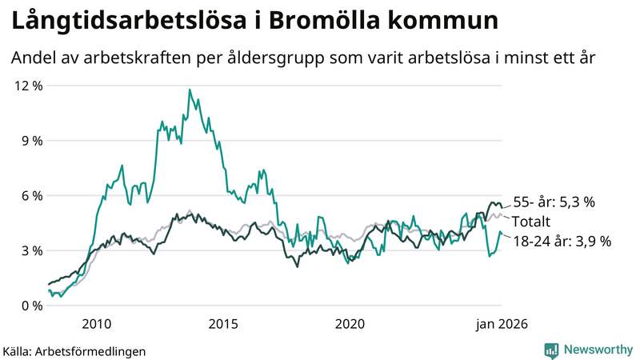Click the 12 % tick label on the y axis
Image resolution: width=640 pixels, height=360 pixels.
(26, 86)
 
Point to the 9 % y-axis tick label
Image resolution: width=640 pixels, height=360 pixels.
(30, 141)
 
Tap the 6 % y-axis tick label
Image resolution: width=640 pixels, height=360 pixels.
(30, 195)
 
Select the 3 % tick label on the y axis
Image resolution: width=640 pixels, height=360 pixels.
(30, 250)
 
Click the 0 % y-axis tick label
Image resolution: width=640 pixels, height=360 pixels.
(30, 306)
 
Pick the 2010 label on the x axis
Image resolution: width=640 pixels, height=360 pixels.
(96, 324)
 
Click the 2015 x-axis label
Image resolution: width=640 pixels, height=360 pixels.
(223, 324)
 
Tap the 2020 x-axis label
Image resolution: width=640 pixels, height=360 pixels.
(350, 324)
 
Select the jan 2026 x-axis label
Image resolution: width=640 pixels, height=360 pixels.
(502, 324)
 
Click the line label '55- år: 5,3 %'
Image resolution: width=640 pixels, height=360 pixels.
(554, 202)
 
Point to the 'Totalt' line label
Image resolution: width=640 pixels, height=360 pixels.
(532, 221)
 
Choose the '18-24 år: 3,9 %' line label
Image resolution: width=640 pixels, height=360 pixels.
(561, 240)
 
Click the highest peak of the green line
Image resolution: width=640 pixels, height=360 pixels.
(190, 90)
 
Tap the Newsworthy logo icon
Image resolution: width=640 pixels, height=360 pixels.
(551, 350)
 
